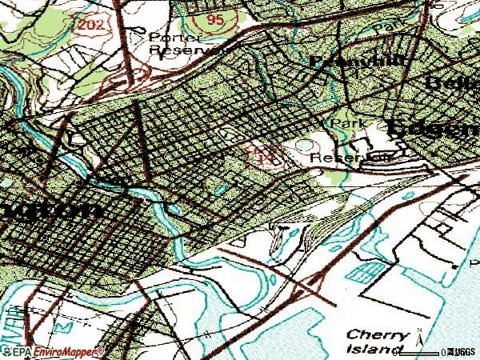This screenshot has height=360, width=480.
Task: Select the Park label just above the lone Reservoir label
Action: point(345,124)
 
